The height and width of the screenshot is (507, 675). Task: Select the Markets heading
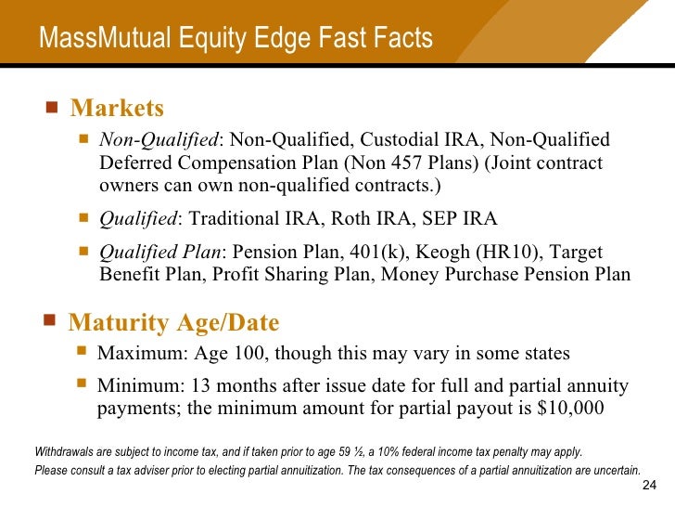(x=117, y=109)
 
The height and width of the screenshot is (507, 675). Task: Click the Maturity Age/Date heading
(x=173, y=322)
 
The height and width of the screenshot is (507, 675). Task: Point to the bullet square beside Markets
(x=51, y=107)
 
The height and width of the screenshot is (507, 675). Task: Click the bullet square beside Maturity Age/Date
(x=49, y=320)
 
